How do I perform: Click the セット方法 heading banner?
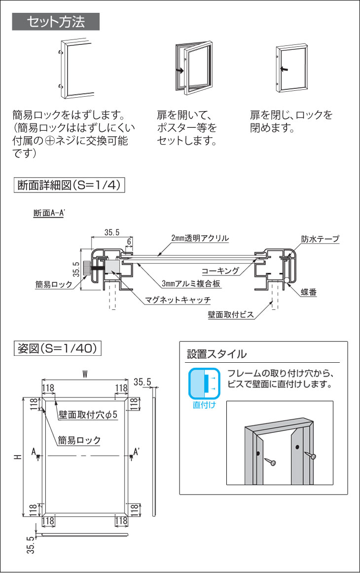56,22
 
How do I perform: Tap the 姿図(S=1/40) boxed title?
58,348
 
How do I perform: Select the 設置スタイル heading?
216,354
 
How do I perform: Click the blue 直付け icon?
203,382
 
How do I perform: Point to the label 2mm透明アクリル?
200,238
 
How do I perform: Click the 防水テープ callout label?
320,239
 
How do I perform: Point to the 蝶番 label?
309,293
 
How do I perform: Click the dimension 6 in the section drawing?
129,241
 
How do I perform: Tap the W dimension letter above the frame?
85,374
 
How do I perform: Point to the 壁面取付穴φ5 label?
88,415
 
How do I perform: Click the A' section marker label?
137,451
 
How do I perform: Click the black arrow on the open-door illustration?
180,71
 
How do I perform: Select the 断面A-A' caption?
49,214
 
